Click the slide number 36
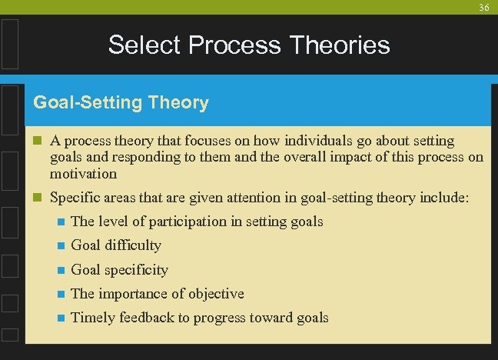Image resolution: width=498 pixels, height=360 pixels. point(483,7)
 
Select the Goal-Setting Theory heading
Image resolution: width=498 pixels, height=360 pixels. point(121,102)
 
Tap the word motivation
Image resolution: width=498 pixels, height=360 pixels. point(83,174)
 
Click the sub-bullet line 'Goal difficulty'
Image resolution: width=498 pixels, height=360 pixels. point(116,245)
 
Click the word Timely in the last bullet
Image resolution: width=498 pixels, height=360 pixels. point(91,318)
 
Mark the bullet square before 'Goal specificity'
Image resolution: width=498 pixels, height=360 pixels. point(59,270)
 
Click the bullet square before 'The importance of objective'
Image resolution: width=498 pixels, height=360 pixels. point(59,294)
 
